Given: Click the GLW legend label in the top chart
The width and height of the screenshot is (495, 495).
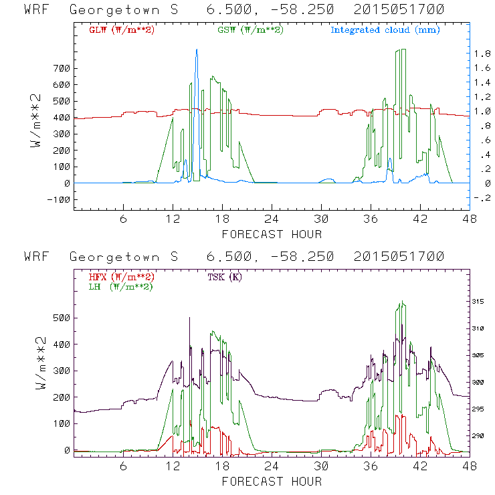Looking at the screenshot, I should click(121, 29).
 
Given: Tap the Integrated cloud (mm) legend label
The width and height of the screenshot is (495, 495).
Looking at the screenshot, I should click(385, 29).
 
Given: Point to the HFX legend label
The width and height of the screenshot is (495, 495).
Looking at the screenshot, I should click(121, 276).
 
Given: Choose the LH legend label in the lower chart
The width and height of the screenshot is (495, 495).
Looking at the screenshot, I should click(121, 286).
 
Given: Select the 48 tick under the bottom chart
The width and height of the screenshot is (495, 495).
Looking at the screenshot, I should click(470, 468).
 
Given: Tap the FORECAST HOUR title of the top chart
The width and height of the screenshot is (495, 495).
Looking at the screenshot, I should click(272, 234).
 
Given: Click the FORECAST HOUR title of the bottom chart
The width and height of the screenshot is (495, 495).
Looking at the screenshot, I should click(272, 481).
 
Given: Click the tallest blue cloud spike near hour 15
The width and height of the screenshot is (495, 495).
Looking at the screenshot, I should click(196, 51).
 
